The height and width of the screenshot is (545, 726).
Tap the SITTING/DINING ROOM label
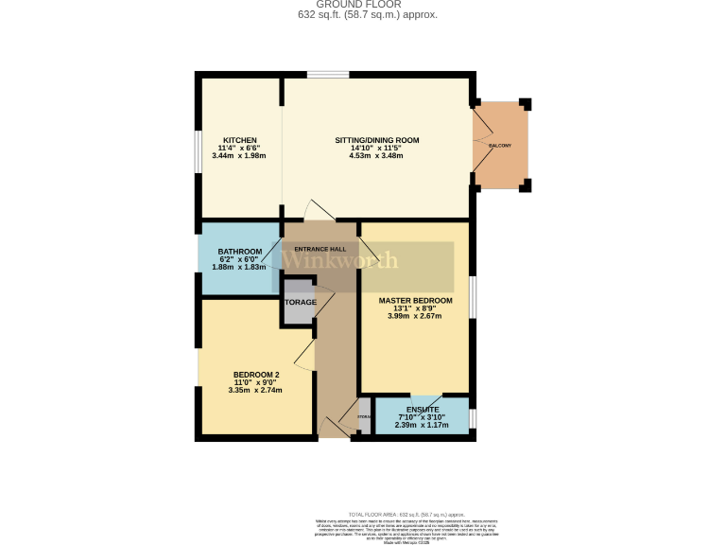click(376, 140)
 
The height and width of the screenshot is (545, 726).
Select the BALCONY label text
click(500, 145)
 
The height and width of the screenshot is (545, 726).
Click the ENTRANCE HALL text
click(320, 249)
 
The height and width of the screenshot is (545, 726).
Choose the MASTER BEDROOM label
click(415, 301)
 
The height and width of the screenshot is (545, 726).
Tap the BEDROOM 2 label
click(255, 374)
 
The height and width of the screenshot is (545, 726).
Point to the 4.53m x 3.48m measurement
click(376, 156)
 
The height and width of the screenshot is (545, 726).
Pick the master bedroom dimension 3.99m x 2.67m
click(415, 316)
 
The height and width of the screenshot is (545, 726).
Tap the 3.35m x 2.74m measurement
click(255, 390)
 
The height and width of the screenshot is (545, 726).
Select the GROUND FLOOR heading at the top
click(367, 5)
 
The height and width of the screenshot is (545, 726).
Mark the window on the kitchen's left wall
click(198, 151)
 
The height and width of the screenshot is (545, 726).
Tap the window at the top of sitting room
click(327, 75)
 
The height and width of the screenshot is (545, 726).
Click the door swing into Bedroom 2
click(304, 356)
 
